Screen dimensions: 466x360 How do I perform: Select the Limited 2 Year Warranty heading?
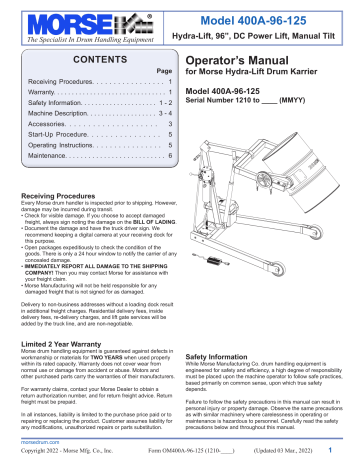pyautogui.click(x=63, y=342)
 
